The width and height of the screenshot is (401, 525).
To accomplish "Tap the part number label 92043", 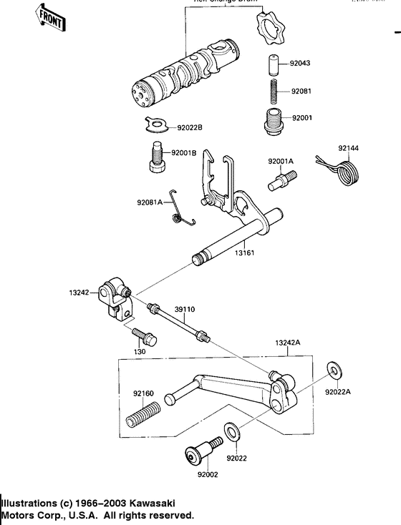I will click(x=301, y=64).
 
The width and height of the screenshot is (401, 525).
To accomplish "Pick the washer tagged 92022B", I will click(x=153, y=127).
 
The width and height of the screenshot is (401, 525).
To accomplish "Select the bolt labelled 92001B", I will click(x=156, y=157).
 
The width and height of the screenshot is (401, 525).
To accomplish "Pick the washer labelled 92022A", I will click(x=334, y=369).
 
